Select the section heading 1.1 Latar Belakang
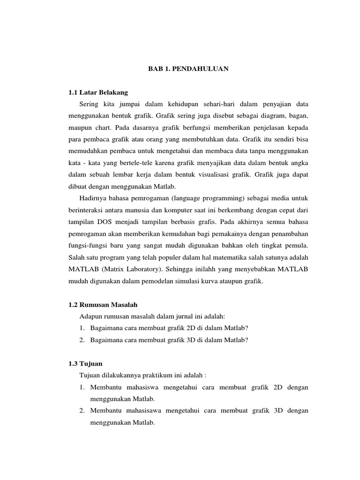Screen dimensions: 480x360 [98, 92]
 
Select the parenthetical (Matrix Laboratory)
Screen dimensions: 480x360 [133, 270]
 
